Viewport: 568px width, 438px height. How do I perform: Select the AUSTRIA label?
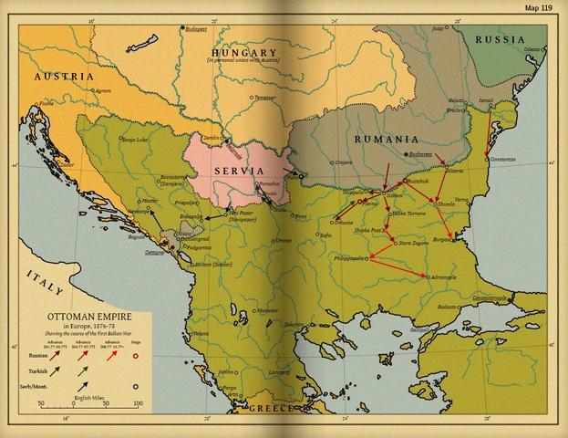coord(64,77)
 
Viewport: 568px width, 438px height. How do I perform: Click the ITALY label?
coord(44,282)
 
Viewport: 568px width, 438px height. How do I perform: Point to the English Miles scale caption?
coord(88,397)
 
